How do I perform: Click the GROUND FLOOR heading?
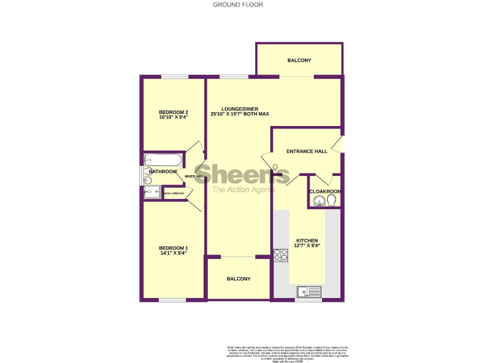point(238,4)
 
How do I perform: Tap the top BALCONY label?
point(299,60)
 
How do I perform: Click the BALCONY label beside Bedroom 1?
point(239,279)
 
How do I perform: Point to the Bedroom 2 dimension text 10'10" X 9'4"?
point(173,118)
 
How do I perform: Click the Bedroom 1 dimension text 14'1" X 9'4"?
point(173,253)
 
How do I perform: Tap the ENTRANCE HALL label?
point(307,151)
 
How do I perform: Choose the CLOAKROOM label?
point(325,191)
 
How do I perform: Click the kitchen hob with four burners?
point(280,255)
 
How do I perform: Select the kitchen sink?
point(309,291)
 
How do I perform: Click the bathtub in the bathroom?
point(163,160)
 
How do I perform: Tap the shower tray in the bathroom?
point(152,192)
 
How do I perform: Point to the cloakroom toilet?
point(331,200)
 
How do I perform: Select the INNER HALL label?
point(194,176)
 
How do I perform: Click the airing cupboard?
point(174,193)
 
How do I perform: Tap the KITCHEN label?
point(307,241)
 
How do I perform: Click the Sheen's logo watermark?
point(241,174)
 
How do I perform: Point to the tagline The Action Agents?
point(243,190)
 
